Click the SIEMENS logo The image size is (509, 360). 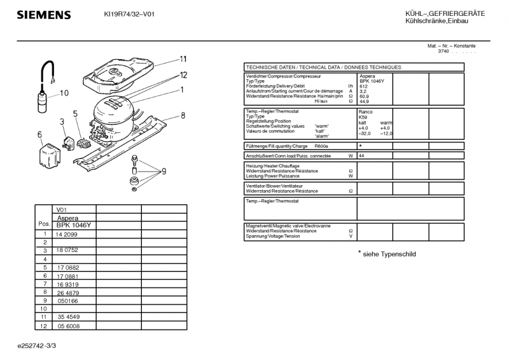(x=43, y=15)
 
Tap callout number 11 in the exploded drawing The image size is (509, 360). (x=183, y=59)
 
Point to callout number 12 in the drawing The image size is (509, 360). (x=183, y=75)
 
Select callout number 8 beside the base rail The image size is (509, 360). (x=183, y=115)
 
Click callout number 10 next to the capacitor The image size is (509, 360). (x=64, y=93)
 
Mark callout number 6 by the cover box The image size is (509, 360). (x=39, y=134)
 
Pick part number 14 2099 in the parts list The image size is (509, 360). (x=67, y=234)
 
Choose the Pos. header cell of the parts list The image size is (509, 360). (x=44, y=225)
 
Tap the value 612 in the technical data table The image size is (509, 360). (x=364, y=87)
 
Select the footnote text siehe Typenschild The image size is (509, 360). (x=389, y=253)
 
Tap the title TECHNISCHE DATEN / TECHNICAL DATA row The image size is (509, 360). (x=323, y=67)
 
